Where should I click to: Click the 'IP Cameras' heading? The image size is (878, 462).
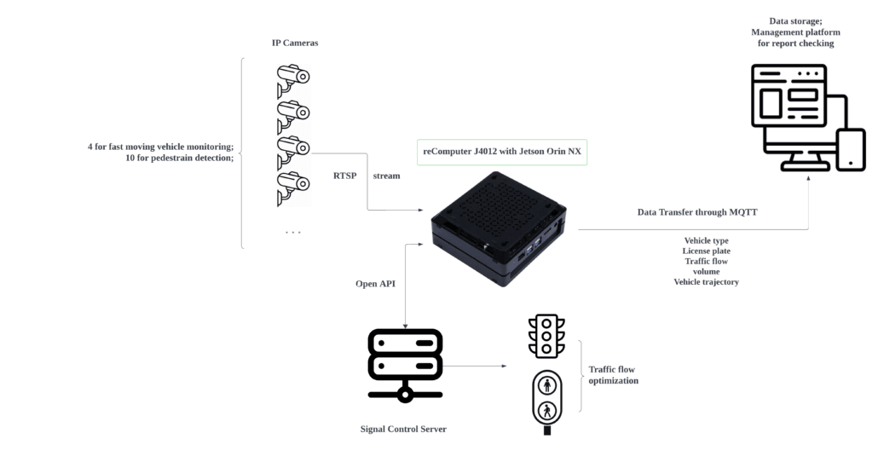click(294, 43)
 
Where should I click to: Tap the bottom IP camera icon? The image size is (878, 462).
click(292, 190)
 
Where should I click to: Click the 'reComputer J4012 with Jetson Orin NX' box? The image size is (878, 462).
click(503, 152)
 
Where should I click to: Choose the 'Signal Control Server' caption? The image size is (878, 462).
click(403, 429)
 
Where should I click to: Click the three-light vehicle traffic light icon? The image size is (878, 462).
click(546, 336)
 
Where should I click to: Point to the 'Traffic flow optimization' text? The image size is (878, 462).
click(614, 375)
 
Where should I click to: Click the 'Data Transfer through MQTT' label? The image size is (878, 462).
click(697, 211)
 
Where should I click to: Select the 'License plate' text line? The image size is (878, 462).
click(706, 251)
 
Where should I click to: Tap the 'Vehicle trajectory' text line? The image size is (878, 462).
click(706, 281)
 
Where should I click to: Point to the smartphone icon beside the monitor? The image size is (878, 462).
click(850, 149)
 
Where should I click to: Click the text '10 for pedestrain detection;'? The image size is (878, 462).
click(179, 158)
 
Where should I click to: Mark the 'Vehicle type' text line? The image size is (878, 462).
click(706, 240)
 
